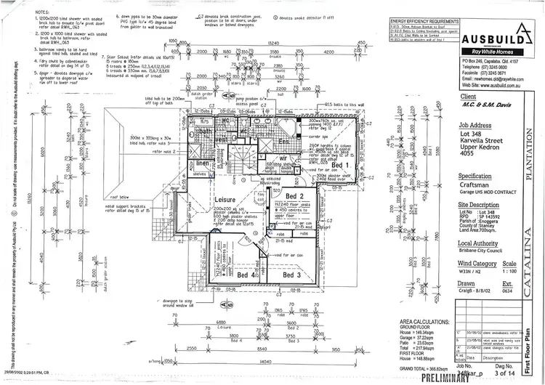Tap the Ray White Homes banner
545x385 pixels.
pyautogui.click(x=488, y=52)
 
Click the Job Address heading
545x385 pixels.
pyautogui.click(x=480, y=125)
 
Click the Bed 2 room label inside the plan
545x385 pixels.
pyautogui.click(x=294, y=198)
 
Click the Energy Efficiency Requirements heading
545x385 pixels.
pyautogui.click(x=427, y=23)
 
